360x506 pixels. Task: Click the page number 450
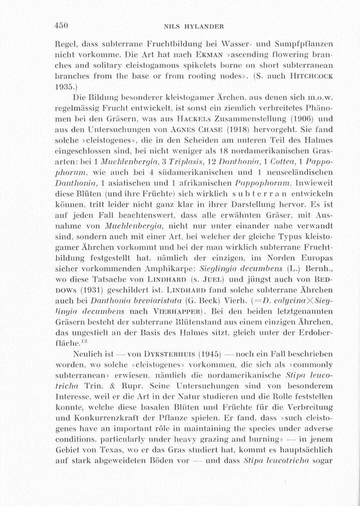pyautogui.click(x=61, y=26)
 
